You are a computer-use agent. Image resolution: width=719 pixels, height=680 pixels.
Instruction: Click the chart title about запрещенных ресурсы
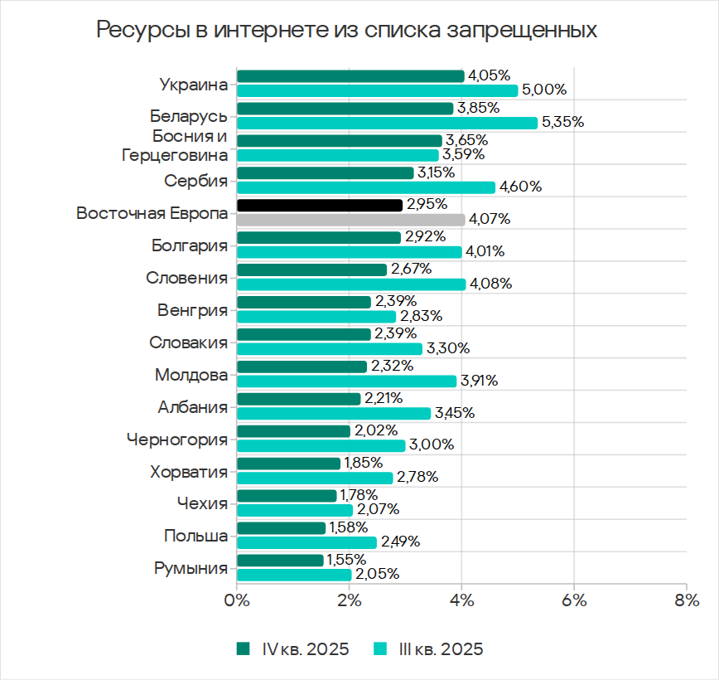coord(346,30)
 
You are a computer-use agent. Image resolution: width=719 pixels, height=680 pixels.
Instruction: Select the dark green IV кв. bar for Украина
coord(350,76)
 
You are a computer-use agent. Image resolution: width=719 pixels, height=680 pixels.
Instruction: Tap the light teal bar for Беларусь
coord(387,123)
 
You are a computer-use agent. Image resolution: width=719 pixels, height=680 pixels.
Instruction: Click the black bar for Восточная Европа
coord(320,205)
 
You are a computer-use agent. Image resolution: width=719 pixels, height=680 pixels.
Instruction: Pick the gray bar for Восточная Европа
coord(351,220)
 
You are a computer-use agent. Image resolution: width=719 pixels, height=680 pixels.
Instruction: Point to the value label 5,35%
coord(563,123)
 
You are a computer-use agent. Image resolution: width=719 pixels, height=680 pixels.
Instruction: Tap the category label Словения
coord(186,278)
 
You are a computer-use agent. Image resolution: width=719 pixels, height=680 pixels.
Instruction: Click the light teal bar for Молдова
coord(346,381)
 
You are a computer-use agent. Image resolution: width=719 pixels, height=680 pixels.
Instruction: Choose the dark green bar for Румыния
coord(280,561)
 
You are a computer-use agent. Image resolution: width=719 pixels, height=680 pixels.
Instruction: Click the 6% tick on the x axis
coord(574,600)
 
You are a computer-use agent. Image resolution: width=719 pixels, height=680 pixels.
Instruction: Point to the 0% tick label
coord(237,600)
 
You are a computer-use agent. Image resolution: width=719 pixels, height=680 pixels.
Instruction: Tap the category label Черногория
coord(177,439)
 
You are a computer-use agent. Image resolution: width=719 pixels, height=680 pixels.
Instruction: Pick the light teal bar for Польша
coord(306,542)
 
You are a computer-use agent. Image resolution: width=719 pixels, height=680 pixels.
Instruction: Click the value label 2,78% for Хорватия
coord(417,478)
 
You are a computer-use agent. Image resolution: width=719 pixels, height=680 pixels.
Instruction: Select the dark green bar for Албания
coord(299,399)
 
